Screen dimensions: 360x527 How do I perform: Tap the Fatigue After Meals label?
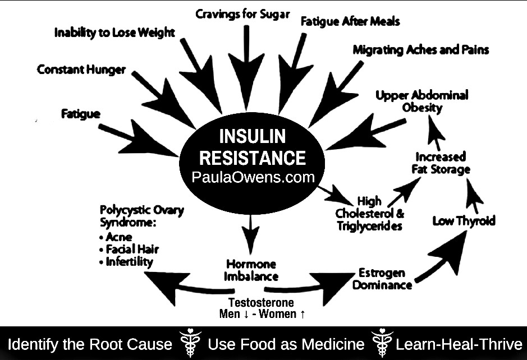(x=350, y=22)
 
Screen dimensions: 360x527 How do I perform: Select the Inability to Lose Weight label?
(x=114, y=33)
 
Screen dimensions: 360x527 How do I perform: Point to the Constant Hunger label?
(x=81, y=70)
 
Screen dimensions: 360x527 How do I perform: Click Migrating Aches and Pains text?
(x=420, y=50)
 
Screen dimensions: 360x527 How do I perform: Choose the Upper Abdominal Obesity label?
(x=422, y=101)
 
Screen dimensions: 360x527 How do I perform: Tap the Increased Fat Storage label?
(x=443, y=163)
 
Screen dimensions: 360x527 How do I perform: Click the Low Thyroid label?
(x=464, y=221)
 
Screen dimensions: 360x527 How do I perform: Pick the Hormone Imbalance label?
(x=251, y=270)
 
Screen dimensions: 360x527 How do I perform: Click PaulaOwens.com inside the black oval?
(x=252, y=178)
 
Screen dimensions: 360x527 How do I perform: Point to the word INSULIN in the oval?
(x=252, y=136)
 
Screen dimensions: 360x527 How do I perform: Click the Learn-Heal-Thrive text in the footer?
(x=459, y=344)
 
